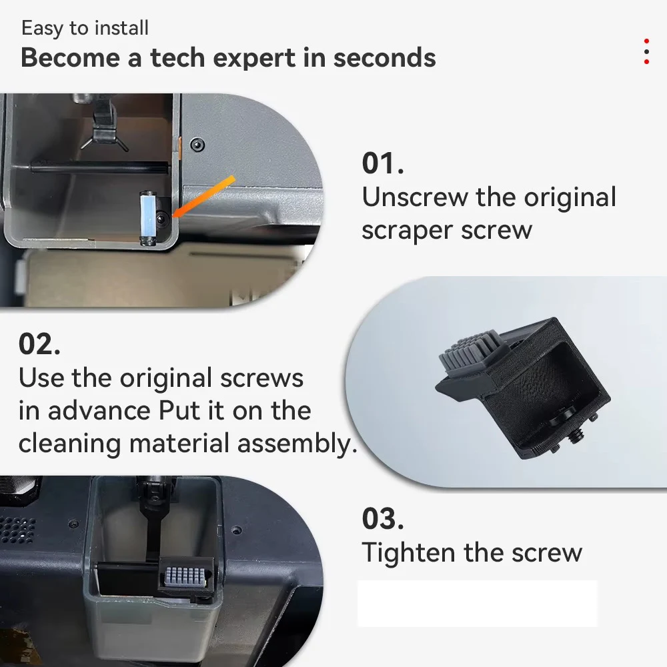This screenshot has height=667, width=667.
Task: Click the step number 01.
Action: point(383,164)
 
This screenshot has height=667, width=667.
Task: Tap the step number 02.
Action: point(39,344)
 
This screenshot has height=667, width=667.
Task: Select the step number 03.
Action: point(383,519)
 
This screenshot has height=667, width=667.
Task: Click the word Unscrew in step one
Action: point(415,197)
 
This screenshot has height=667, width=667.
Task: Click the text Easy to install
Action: point(85,28)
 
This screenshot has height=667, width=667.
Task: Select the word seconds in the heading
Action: point(384,58)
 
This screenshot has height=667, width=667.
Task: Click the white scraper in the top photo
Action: point(147,218)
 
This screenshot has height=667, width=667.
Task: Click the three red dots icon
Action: point(646,51)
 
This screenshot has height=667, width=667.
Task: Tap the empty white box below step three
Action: point(477,604)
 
